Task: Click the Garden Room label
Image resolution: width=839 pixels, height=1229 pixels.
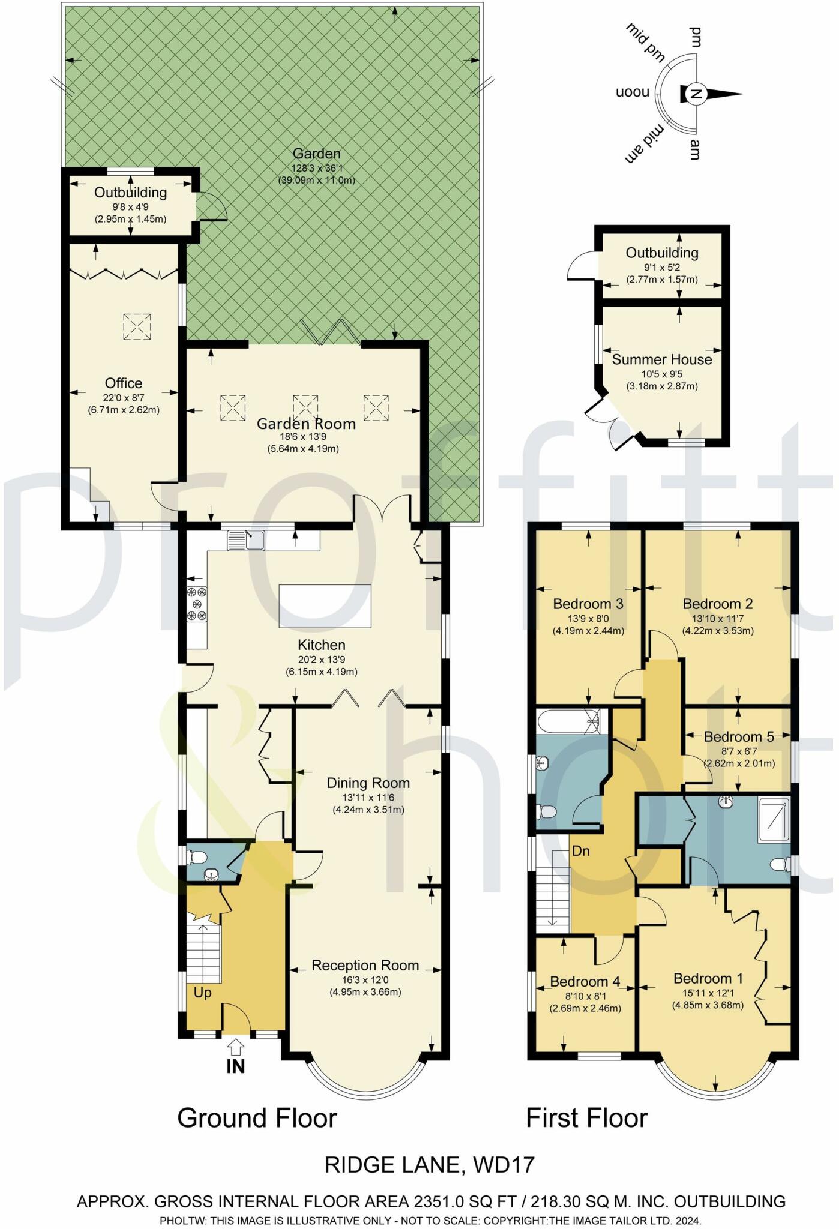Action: [306, 424]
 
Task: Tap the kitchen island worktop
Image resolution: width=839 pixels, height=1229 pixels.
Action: [325, 607]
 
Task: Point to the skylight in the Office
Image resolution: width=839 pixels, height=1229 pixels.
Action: [137, 327]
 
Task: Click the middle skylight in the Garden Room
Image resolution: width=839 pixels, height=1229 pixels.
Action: [305, 408]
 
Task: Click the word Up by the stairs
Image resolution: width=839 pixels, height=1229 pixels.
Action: [202, 993]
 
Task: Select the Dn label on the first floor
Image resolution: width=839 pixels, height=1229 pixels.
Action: [580, 850]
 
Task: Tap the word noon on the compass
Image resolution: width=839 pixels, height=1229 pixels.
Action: [633, 93]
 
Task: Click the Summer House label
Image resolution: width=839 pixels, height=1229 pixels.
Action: [661, 359]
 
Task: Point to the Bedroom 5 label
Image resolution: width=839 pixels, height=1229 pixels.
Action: [739, 736]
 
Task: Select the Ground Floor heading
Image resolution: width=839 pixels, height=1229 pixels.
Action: [257, 1118]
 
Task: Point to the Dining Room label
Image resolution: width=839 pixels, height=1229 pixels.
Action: [368, 783]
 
